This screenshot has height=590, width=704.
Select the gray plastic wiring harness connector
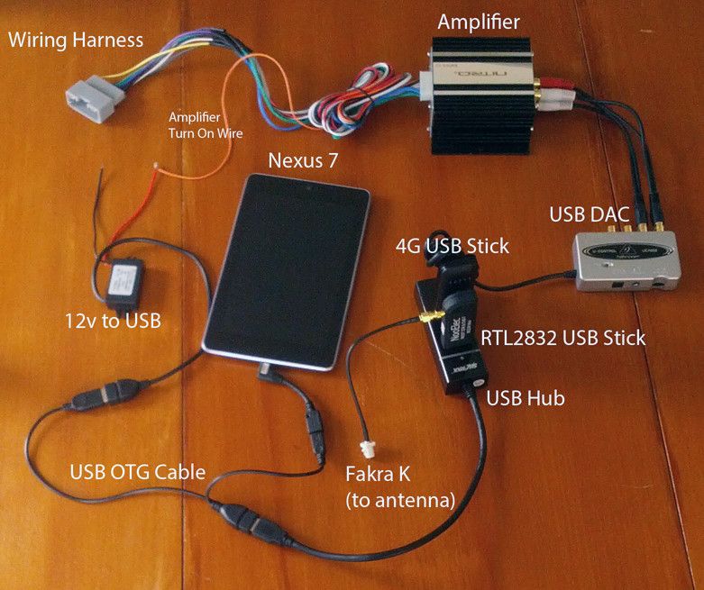pos(94,96)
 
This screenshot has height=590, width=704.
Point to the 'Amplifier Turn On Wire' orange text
pos(206,125)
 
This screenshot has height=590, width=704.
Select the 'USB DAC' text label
pos(589,215)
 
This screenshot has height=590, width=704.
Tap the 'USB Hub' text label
pos(526,397)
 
